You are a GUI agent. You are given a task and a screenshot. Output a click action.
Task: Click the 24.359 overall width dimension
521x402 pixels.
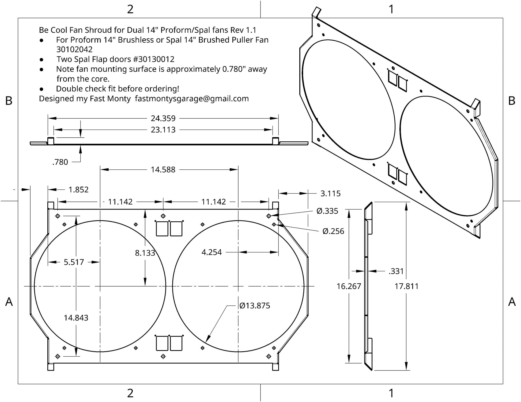[163, 118]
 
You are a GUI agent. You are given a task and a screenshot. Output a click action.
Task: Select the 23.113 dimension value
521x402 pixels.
[163, 130]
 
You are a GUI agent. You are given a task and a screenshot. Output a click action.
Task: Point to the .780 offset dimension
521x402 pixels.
[60, 162]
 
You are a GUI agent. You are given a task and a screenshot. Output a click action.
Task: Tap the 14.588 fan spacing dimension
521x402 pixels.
[163, 169]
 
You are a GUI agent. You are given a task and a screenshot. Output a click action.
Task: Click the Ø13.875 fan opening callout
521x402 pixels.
[255, 306]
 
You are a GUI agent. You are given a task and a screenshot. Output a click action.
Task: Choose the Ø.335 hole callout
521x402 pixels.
[327, 211]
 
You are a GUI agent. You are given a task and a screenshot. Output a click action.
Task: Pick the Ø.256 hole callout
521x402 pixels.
[333, 231]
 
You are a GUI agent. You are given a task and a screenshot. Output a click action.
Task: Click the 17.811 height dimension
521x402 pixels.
[406, 286]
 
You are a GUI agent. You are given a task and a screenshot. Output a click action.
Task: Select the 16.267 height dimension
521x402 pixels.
[349, 286]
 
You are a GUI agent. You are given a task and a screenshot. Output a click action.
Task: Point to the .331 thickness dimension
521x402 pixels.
[396, 271]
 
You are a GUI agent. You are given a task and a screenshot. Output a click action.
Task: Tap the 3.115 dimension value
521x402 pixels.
[330, 193]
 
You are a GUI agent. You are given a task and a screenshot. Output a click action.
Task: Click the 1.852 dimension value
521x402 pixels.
[78, 190]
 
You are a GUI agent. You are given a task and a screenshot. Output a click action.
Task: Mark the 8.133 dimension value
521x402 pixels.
[145, 253]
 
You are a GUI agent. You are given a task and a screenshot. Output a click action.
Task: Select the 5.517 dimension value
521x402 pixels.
[74, 262]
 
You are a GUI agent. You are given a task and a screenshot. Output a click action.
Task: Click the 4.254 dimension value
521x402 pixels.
[212, 252]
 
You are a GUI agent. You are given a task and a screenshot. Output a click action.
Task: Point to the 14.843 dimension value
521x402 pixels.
[76, 318]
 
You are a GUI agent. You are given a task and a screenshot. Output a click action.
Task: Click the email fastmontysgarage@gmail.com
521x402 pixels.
[192, 99]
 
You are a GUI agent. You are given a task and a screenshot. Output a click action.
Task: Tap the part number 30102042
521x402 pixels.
[74, 49]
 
